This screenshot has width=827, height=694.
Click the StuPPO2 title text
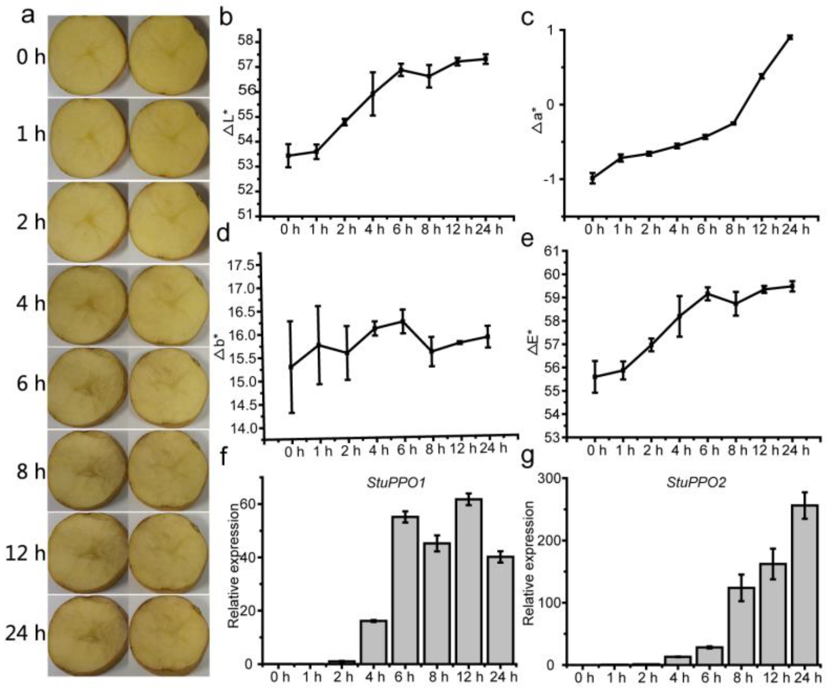pos(696,483)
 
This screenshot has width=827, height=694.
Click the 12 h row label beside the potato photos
pos(25,554)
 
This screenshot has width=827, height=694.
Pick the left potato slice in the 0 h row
pos(88,56)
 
